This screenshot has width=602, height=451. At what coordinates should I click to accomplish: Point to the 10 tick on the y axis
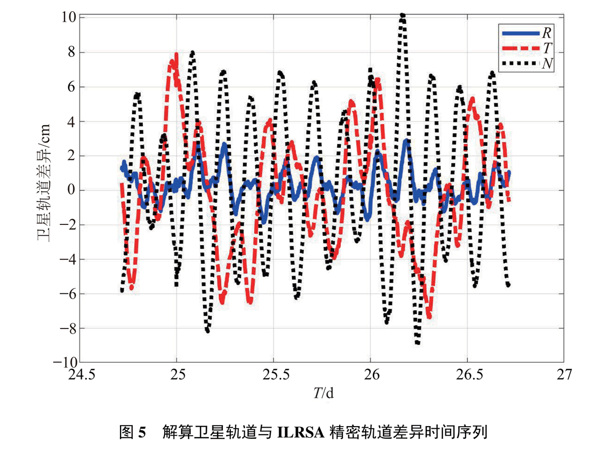(68, 18)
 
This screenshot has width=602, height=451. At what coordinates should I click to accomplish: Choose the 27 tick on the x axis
(564, 375)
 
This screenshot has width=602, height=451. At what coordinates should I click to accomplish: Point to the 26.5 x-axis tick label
(467, 375)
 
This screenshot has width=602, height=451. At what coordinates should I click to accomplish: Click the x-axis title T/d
(323, 393)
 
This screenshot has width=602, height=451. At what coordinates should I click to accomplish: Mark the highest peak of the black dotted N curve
(402, 16)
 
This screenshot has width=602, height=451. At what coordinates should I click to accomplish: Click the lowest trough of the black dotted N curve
(418, 343)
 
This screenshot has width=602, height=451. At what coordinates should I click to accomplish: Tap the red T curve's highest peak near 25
(175, 56)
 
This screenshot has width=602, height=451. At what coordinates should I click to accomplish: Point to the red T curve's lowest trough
(428, 316)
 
